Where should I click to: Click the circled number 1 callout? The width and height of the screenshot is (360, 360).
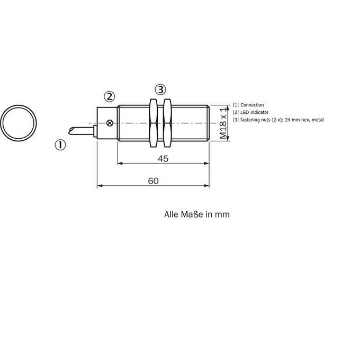coord(60,145)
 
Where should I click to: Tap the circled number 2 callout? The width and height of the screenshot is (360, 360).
coord(109,97)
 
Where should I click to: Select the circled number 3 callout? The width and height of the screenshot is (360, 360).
coord(160,89)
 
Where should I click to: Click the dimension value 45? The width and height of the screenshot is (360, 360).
coord(163,159)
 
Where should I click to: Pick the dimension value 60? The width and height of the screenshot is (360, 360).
coord(154,181)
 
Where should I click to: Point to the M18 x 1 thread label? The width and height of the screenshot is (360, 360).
coord(223,123)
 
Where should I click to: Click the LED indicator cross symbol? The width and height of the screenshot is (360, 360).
coord(110,123)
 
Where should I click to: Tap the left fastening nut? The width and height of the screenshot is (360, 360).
coord(153,123)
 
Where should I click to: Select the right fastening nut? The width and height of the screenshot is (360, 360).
coord(167,123)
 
